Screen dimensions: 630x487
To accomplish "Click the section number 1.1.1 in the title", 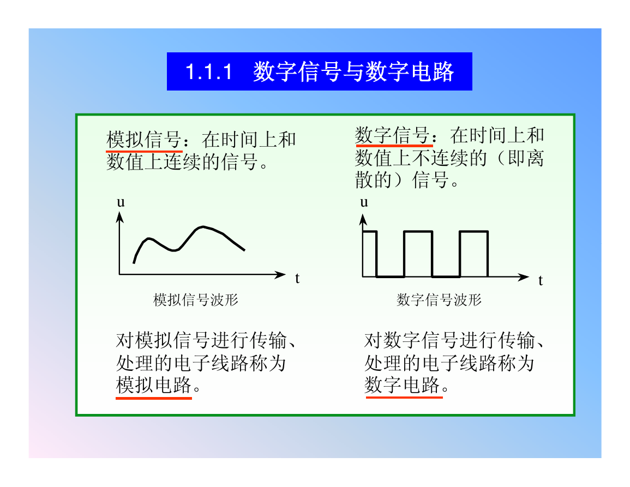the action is [x=209, y=73].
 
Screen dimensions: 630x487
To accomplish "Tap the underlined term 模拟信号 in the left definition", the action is [x=144, y=140].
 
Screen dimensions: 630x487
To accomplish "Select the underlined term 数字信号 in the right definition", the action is [x=393, y=135].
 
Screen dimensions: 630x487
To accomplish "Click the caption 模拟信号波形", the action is [x=196, y=300].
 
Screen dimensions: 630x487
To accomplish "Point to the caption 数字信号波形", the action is [x=439, y=300].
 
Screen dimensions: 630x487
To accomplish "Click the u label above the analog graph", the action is [x=121, y=202].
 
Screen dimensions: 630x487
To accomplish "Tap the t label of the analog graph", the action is [x=297, y=278].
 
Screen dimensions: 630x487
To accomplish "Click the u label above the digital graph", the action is [x=364, y=202].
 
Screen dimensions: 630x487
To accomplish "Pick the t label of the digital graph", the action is [x=541, y=280].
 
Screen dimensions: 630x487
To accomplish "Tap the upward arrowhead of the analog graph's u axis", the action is [x=119, y=217].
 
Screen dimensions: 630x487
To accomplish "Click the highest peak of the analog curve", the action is [x=203, y=227].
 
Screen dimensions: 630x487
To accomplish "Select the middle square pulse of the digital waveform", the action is [x=418, y=232].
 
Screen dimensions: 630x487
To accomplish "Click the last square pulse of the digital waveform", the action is [x=473, y=232].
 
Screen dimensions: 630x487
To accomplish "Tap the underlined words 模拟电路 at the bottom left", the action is [x=153, y=385].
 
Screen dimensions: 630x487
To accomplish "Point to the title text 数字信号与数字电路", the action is [x=353, y=73].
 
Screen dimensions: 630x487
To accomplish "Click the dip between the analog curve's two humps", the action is [x=174, y=250].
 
